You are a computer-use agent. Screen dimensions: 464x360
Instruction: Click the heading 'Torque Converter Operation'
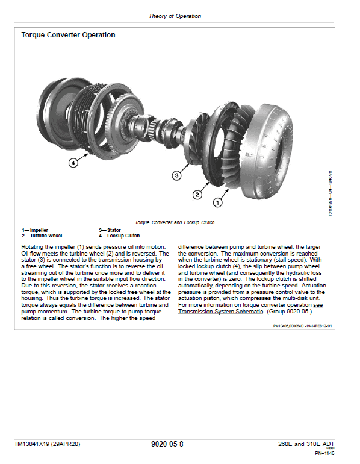69,35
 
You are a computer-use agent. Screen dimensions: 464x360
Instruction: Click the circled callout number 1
217,203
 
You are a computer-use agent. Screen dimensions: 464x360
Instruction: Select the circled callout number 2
197,194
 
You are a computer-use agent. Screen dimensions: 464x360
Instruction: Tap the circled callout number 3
176,175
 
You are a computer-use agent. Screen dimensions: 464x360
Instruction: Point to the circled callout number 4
73,163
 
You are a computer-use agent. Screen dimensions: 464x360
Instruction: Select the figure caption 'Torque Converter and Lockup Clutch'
175,222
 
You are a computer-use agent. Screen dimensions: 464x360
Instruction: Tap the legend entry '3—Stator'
110,230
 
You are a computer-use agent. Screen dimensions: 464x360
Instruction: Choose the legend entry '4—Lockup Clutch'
119,236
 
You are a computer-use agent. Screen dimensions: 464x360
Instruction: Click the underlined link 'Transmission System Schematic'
220,312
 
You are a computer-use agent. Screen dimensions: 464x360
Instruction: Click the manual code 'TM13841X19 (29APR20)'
47,444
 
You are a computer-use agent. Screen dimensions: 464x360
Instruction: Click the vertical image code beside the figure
329,193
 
